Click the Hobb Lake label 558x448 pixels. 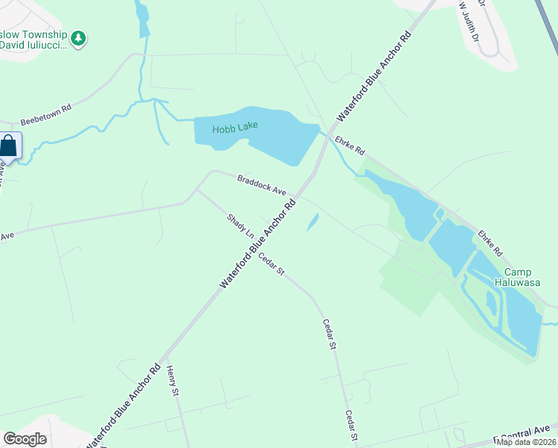235,127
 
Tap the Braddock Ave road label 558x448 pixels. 262,185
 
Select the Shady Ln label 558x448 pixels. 239,225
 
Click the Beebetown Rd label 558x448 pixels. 46,114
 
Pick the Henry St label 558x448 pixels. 173,381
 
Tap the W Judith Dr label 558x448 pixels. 469,18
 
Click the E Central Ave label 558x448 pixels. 521,435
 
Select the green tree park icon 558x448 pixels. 78,37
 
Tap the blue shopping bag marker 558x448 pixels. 9,145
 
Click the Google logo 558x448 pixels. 25,439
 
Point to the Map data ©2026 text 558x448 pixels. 526,442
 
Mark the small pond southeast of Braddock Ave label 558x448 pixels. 313,221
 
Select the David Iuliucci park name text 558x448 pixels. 33,46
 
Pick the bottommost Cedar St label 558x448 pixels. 351,426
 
